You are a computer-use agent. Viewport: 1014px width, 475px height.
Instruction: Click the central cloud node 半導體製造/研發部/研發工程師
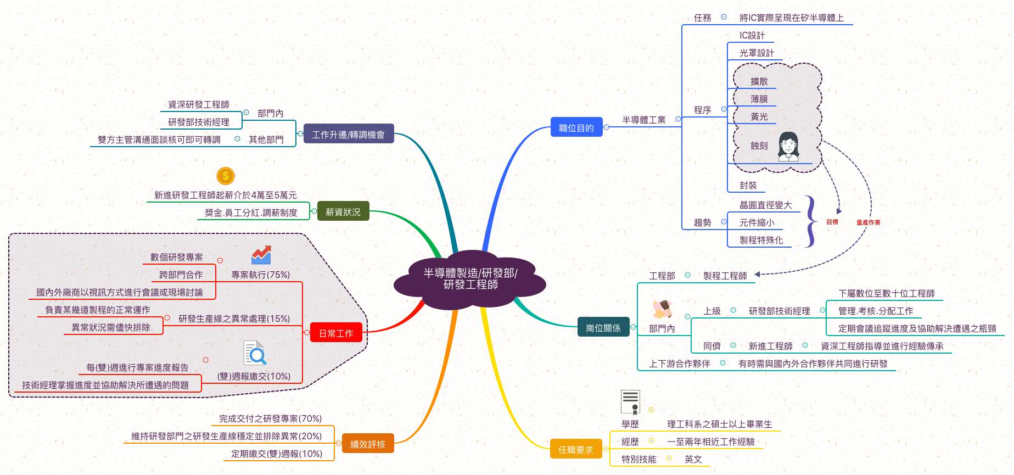470,279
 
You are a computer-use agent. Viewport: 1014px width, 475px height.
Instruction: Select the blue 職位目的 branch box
576,128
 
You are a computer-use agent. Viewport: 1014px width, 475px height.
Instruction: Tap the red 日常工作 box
336,333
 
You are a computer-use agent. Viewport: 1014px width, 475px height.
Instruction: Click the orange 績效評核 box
367,444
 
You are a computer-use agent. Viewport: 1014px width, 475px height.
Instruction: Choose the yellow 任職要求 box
575,450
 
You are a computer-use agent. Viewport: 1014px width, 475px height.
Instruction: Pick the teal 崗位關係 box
603,328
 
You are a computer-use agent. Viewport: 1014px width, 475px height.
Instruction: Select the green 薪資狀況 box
343,211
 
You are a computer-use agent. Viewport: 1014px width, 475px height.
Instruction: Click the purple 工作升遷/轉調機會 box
348,134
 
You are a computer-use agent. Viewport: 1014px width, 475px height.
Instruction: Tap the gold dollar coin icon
226,176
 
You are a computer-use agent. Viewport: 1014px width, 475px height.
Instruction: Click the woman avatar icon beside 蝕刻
788,146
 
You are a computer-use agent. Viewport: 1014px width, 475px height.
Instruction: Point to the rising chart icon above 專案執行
261,255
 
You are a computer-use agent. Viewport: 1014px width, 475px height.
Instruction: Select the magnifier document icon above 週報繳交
255,353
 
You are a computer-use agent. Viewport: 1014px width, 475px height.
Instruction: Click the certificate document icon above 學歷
630,402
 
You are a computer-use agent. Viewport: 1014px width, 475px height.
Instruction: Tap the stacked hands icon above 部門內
662,309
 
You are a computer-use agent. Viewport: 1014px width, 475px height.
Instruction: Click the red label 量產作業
868,222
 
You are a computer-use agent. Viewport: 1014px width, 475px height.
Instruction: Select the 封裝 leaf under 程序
748,186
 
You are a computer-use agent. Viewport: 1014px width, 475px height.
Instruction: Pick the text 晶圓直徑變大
765,205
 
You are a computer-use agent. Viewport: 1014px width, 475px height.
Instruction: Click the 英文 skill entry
693,459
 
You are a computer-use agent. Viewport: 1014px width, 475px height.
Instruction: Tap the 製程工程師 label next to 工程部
725,276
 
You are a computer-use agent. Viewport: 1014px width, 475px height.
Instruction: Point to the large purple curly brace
810,221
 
